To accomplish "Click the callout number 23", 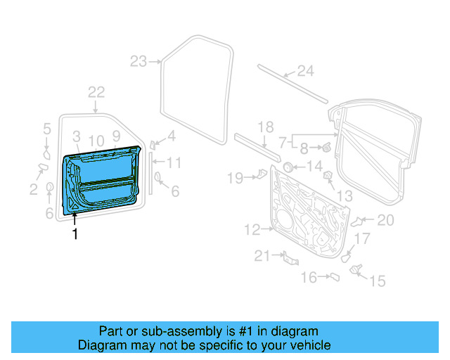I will pos(138,61).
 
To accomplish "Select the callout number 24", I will pos(304,70).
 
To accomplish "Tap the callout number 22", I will pos(96,92).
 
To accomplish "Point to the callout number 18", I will pos(264,127).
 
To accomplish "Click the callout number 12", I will pos(252,229).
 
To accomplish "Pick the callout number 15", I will pos(378,281).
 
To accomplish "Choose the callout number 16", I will pos(309,278).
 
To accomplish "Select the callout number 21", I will pos(262,257).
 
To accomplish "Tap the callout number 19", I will pos(234,178).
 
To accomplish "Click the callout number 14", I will pos(314,167).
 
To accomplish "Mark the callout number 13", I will pos(344,195).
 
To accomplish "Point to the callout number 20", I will pos(385,220).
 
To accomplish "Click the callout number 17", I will pos(361,239).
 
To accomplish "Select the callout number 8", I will pos(304,148).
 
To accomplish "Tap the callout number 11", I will pos(174,163).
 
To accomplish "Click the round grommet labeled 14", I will pos(288,167).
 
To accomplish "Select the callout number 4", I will pos(170,136).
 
